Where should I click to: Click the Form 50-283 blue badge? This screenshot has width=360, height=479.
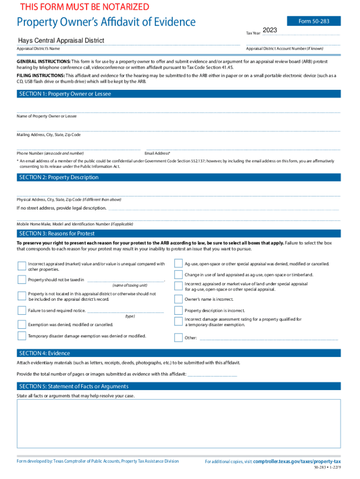tap(320, 21)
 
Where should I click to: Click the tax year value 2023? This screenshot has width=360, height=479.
tap(270, 30)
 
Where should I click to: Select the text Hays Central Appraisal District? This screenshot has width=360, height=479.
tap(61, 41)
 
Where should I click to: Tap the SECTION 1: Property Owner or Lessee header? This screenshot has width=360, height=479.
tap(65, 94)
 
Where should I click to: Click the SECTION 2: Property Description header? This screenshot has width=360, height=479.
tap(59, 177)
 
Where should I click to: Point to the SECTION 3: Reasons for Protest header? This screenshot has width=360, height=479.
tap(57, 233)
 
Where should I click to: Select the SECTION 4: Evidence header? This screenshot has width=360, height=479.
tap(44, 353)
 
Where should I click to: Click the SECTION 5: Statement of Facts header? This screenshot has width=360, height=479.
tap(73, 386)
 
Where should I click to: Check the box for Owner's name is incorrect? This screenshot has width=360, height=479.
tap(178, 299)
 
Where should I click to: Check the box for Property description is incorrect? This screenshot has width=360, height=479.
tap(178, 310)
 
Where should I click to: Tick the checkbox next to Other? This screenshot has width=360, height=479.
tap(178, 337)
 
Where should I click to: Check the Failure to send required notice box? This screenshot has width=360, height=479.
tap(22, 310)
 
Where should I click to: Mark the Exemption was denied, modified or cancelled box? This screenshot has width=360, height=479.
tap(22, 324)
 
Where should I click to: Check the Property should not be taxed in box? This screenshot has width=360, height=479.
tap(22, 280)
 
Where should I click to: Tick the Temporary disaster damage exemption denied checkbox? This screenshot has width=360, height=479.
tap(22, 335)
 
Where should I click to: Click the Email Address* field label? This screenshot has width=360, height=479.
tap(158, 153)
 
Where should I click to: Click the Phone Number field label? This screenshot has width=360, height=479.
tap(50, 153)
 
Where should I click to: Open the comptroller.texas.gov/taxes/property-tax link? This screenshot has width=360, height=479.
tap(296, 461)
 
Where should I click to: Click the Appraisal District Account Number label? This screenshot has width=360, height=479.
tap(284, 49)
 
